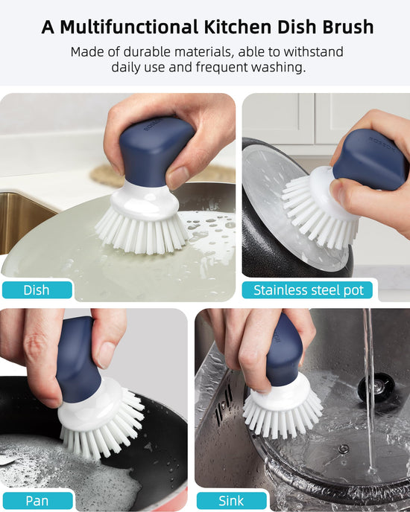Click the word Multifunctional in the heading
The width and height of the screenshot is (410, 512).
[129, 27]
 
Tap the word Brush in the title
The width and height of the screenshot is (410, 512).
[348, 27]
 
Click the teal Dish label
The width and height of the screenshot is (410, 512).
[37, 290]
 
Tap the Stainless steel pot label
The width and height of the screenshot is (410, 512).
[308, 290]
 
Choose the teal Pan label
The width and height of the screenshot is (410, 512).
[37, 501]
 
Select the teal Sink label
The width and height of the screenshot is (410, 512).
[231, 501]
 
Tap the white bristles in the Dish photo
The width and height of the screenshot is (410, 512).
[142, 232]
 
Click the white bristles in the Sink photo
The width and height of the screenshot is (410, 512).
[282, 415]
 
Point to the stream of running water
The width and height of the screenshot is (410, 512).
[370, 392]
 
